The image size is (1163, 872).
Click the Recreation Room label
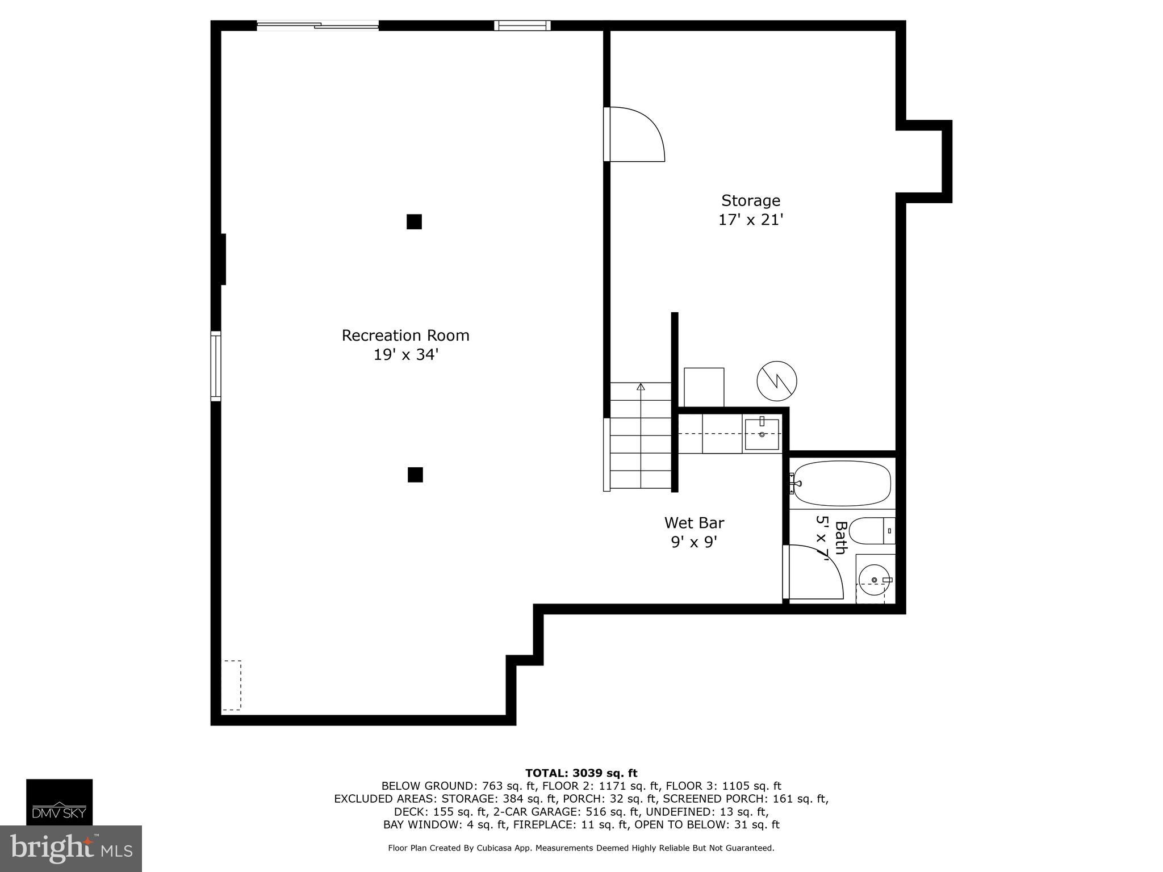(x=405, y=336)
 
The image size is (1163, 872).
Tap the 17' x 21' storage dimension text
(x=751, y=220)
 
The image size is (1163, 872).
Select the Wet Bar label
(x=694, y=522)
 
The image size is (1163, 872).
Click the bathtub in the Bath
(x=842, y=483)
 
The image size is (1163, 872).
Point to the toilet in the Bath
(x=869, y=530)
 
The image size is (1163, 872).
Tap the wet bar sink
(x=762, y=434)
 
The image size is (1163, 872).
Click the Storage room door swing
(x=635, y=135)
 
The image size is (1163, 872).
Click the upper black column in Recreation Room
(x=414, y=222)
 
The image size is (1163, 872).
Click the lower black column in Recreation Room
(x=415, y=475)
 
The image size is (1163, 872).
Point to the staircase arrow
(x=641, y=387)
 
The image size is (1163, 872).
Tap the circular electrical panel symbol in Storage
(x=777, y=380)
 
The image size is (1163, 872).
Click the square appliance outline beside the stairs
(x=704, y=387)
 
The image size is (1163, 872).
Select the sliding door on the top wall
(x=318, y=25)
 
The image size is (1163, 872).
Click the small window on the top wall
(x=522, y=25)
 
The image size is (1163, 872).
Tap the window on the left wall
(x=216, y=366)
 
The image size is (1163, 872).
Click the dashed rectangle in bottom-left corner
(x=231, y=685)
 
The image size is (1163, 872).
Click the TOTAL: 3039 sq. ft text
(x=581, y=773)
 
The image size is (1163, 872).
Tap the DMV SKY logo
(x=59, y=802)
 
